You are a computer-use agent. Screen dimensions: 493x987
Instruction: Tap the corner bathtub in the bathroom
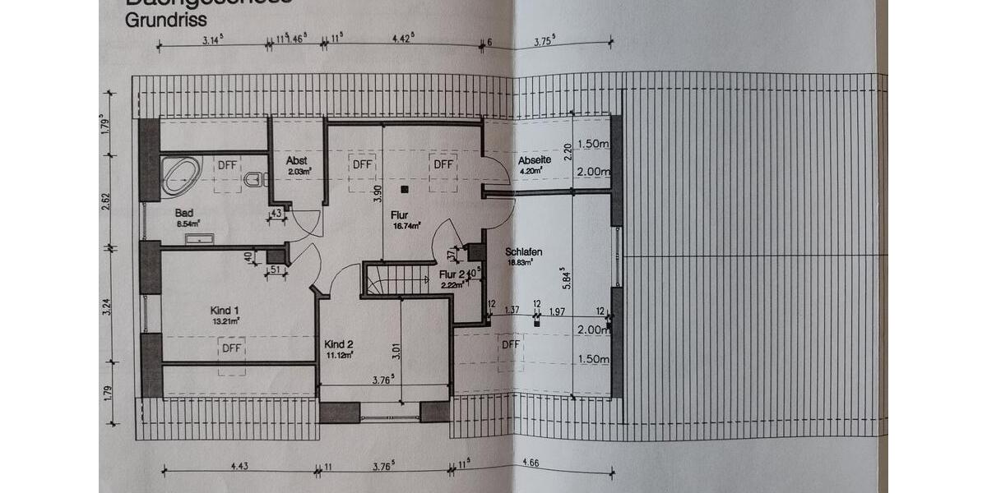pyautogui.click(x=180, y=175)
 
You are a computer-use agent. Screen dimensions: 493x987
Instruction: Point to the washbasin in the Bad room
pyautogui.click(x=200, y=239)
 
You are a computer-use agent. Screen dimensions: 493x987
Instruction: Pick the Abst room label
pyautogui.click(x=296, y=161)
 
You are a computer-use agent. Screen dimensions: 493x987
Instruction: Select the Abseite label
pyautogui.click(x=534, y=159)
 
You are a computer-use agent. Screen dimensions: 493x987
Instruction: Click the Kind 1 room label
pyautogui.click(x=225, y=310)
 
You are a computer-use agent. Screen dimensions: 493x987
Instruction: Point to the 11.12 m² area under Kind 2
pyautogui.click(x=339, y=355)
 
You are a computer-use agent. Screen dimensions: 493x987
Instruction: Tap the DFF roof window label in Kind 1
pyautogui.click(x=231, y=348)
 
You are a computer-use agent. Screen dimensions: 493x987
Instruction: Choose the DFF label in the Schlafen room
pyautogui.click(x=511, y=344)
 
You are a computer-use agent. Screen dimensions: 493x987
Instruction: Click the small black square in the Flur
pyautogui.click(x=405, y=190)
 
